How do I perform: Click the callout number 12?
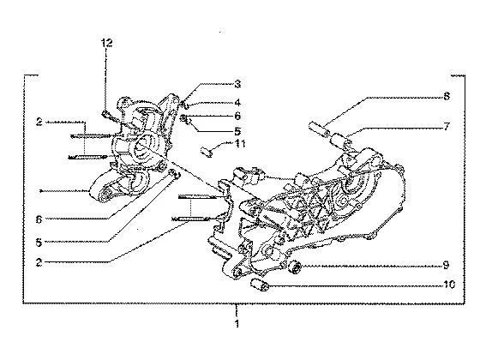point(107,43)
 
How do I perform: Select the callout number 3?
point(237,84)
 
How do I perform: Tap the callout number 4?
point(237,103)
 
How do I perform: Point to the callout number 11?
point(240,143)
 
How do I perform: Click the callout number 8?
point(447,96)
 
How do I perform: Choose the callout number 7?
point(447,126)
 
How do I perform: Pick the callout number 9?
point(447,265)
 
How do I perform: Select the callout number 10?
point(449,285)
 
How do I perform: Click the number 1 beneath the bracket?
point(237,323)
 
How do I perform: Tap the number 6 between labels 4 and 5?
point(237,116)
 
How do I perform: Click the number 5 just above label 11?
point(237,131)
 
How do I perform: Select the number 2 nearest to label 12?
point(39,122)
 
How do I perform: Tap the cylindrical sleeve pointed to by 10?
point(260,285)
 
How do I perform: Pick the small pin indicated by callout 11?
point(207,152)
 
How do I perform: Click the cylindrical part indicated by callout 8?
point(319,129)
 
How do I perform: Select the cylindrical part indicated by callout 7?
point(340,140)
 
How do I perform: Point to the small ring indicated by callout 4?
point(186,105)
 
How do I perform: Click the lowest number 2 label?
point(39,262)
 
